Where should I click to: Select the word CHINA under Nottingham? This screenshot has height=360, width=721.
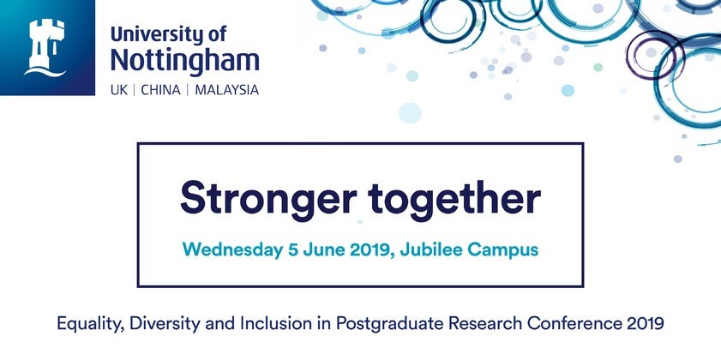[x=160, y=90]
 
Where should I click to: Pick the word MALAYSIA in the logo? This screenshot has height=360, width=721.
[x=226, y=90]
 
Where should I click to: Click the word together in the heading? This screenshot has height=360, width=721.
[x=454, y=199]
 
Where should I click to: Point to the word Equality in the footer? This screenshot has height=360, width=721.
[x=91, y=324]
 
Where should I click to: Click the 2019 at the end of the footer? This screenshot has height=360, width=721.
[x=646, y=323]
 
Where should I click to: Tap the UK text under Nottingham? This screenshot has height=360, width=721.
[x=118, y=90]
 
